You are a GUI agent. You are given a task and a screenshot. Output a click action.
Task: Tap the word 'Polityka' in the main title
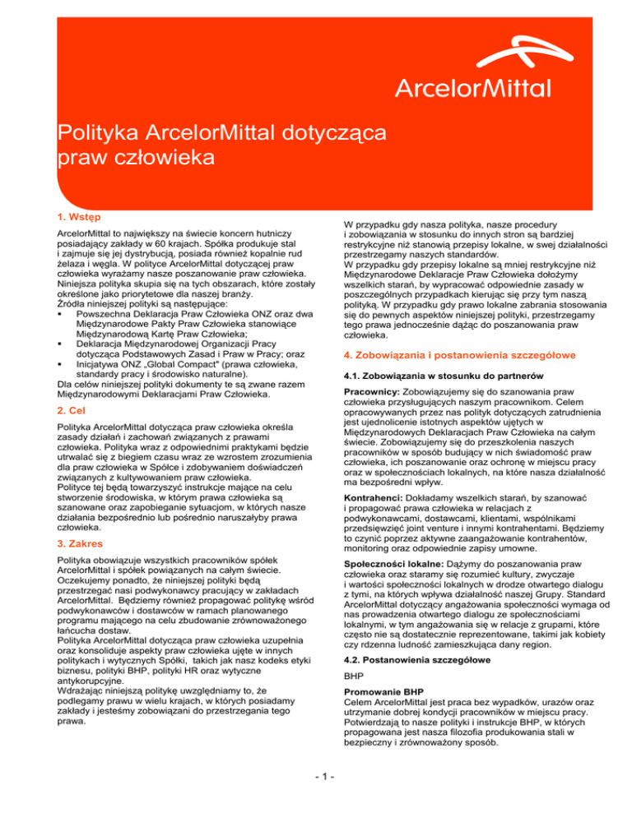[x=93, y=132]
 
